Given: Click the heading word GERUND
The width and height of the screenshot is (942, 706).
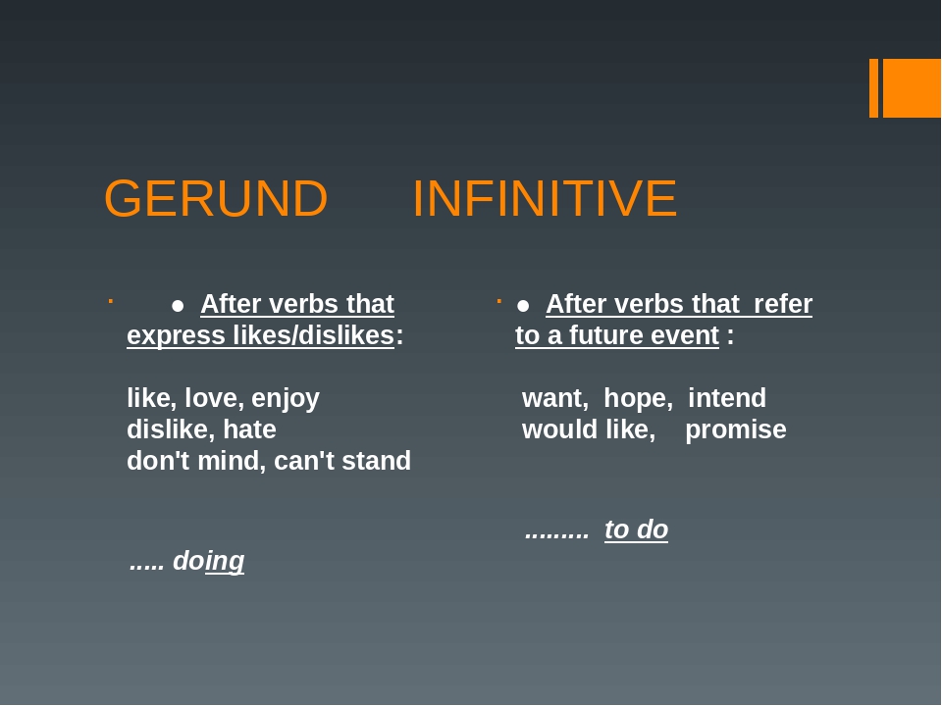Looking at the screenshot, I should [216, 199].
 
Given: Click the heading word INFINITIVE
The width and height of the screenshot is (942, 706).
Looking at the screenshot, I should [544, 199].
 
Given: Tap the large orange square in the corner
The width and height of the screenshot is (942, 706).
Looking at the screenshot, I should [912, 88].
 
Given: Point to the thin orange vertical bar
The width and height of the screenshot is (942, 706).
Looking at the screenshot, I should [873, 88].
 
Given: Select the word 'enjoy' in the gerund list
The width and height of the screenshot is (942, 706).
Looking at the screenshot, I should [286, 399].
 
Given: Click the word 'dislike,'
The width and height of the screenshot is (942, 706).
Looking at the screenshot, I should [171, 429].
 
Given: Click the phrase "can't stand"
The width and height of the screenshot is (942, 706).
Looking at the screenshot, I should [342, 461].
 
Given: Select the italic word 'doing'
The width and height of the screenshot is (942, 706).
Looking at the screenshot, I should [208, 561].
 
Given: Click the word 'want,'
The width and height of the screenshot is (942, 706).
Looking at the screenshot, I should [555, 398].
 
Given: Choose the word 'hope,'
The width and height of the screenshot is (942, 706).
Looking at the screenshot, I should [638, 398].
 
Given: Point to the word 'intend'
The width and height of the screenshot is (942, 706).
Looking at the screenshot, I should [727, 398].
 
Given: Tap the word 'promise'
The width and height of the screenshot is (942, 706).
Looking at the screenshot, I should [736, 429].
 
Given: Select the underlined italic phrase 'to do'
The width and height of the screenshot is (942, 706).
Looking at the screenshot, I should [636, 529].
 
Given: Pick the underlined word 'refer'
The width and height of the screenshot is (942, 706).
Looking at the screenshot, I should [783, 304].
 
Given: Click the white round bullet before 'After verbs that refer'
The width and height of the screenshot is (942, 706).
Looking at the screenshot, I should [523, 305].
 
